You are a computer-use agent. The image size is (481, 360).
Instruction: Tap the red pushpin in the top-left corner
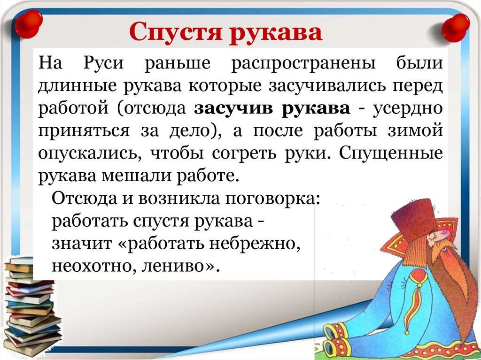[28, 23]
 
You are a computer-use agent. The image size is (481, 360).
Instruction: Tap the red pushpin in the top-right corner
[456, 28]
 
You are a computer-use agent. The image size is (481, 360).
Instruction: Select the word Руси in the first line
[104, 63]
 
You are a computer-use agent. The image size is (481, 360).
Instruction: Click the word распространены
[303, 64]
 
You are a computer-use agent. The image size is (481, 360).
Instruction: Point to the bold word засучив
[233, 108]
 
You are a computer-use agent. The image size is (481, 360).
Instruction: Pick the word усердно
[408, 108]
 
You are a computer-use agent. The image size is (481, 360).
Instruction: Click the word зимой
[415, 130]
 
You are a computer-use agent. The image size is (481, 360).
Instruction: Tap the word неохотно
[95, 266]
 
